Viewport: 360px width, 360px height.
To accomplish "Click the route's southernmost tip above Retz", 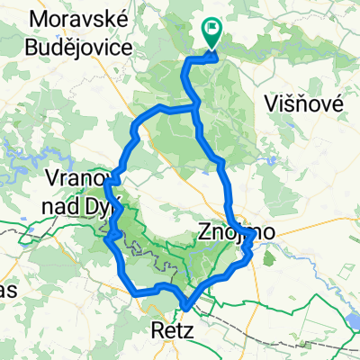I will coord(184,308).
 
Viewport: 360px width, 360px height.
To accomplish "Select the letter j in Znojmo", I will coord(236,234).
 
